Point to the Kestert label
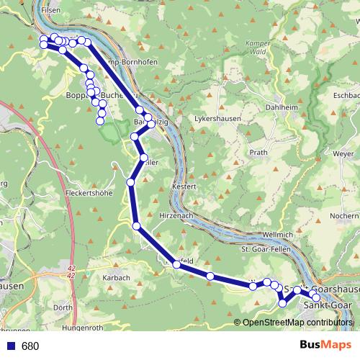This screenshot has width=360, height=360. (184, 187)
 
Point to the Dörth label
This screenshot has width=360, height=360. (63, 307)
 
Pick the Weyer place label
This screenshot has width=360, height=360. (343, 153)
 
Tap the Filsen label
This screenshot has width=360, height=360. (52, 11)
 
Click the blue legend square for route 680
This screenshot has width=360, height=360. (11, 346)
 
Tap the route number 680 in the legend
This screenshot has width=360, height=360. (30, 346)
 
